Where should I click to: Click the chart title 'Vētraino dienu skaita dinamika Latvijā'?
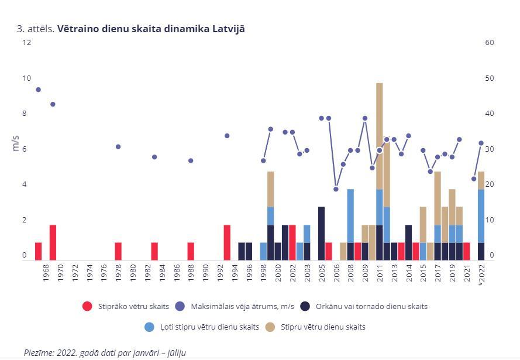pos(151,29)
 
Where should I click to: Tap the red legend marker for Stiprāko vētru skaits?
pos(87,306)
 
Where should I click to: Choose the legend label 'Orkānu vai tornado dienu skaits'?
pos(371,306)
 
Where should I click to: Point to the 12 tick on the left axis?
pos(26,43)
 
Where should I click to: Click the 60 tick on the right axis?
pos(490,43)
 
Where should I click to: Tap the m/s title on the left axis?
pos(15,143)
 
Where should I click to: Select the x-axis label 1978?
pos(118,273)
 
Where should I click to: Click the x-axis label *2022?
pos(481,274)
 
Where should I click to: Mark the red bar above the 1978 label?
pos(118,252)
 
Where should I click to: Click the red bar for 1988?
pos(191,252)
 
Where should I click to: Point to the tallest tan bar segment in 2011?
pos(380,136)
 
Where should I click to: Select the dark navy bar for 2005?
pos(321,234)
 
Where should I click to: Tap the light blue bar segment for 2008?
pos(350,216)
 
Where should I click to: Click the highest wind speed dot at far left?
pos(38,90)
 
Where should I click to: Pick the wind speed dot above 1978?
pos(118,147)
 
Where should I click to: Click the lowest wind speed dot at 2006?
pos(336,189)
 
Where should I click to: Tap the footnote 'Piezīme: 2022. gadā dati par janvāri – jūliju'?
pos(105,352)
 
